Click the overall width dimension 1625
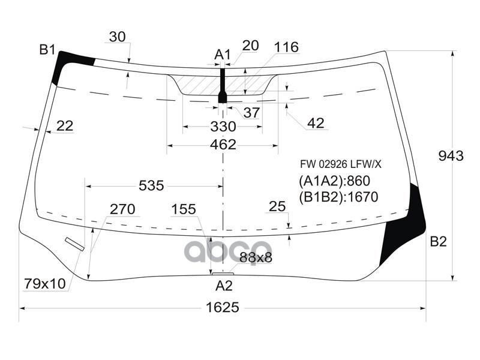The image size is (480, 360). (222, 307)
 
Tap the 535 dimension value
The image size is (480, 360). (151, 185)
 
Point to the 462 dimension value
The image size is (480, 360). (223, 145)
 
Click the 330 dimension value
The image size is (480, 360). (223, 127)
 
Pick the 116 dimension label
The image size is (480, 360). (286, 47)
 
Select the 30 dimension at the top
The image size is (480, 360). (118, 37)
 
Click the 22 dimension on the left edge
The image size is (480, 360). (64, 125)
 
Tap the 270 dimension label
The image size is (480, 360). (122, 209)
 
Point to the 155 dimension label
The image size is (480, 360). (184, 209)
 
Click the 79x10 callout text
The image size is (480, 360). (45, 283)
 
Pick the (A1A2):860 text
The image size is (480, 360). (334, 181)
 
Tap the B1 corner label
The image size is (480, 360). (47, 49)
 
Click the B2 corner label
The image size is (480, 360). (438, 242)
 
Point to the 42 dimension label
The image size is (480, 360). (315, 123)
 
